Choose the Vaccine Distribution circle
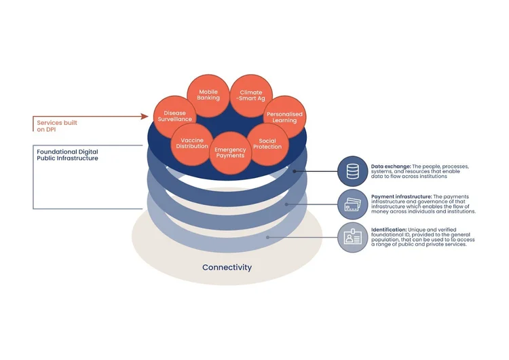click(192, 143)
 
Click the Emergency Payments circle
click(230, 153)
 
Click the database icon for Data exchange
click(352, 171)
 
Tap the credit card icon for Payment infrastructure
click(352, 204)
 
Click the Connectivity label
click(227, 267)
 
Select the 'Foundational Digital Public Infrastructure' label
click(67, 154)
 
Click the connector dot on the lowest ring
click(267, 237)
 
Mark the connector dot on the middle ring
click(287, 204)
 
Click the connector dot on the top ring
click(295, 171)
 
